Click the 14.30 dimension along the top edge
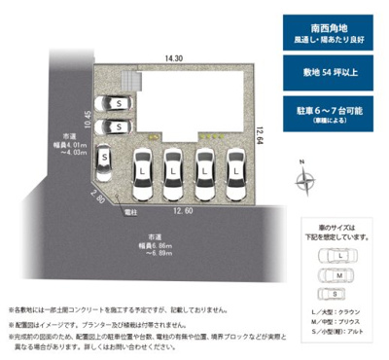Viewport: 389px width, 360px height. [x=174, y=60]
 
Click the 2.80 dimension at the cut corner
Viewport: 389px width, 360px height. [x=97, y=197]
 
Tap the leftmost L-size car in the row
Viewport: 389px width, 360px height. [x=143, y=170]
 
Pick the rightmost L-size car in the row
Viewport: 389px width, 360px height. [x=233, y=170]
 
